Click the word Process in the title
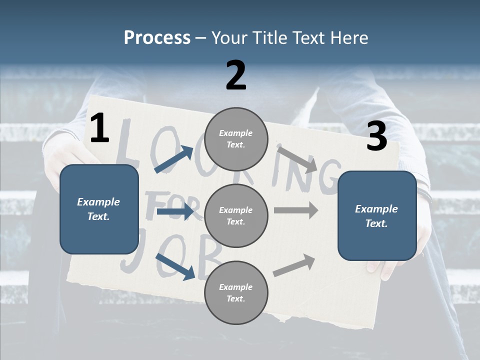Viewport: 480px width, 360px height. tap(157, 37)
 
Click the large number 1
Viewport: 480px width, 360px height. tap(99, 128)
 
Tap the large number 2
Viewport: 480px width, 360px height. tap(236, 75)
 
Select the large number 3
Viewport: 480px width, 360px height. tap(376, 136)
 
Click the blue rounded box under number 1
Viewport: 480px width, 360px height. tap(99, 208)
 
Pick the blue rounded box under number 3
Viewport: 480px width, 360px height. tap(377, 215)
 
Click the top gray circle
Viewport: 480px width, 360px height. tap(236, 139)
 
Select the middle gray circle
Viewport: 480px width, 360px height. tap(236, 215)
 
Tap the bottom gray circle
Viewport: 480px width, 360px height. tap(236, 292)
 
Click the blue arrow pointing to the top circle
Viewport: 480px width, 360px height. tap(173, 160)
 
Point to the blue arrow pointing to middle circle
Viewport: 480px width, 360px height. tap(174, 212)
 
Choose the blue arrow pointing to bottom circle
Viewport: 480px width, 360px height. tap(175, 266)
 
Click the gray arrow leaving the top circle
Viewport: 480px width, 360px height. tap(298, 159)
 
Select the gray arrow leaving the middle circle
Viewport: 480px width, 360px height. tap(296, 210)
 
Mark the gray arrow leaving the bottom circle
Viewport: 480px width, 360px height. tap(294, 265)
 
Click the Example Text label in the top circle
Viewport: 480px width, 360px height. tap(236, 139)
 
